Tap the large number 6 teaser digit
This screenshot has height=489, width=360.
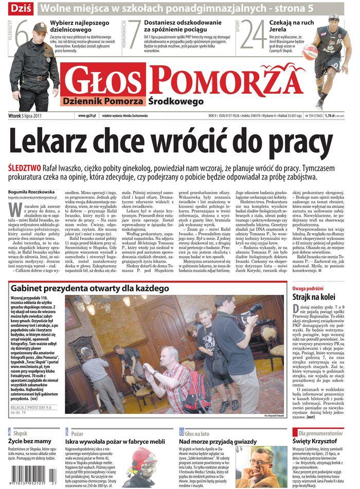coord(21,36)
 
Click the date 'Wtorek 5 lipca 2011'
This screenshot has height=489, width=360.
coord(27,116)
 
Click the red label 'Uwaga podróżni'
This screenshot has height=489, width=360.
coord(308,288)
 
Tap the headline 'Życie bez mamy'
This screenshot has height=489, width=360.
coord(30,441)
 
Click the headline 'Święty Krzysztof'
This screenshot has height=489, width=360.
coord(316,441)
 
